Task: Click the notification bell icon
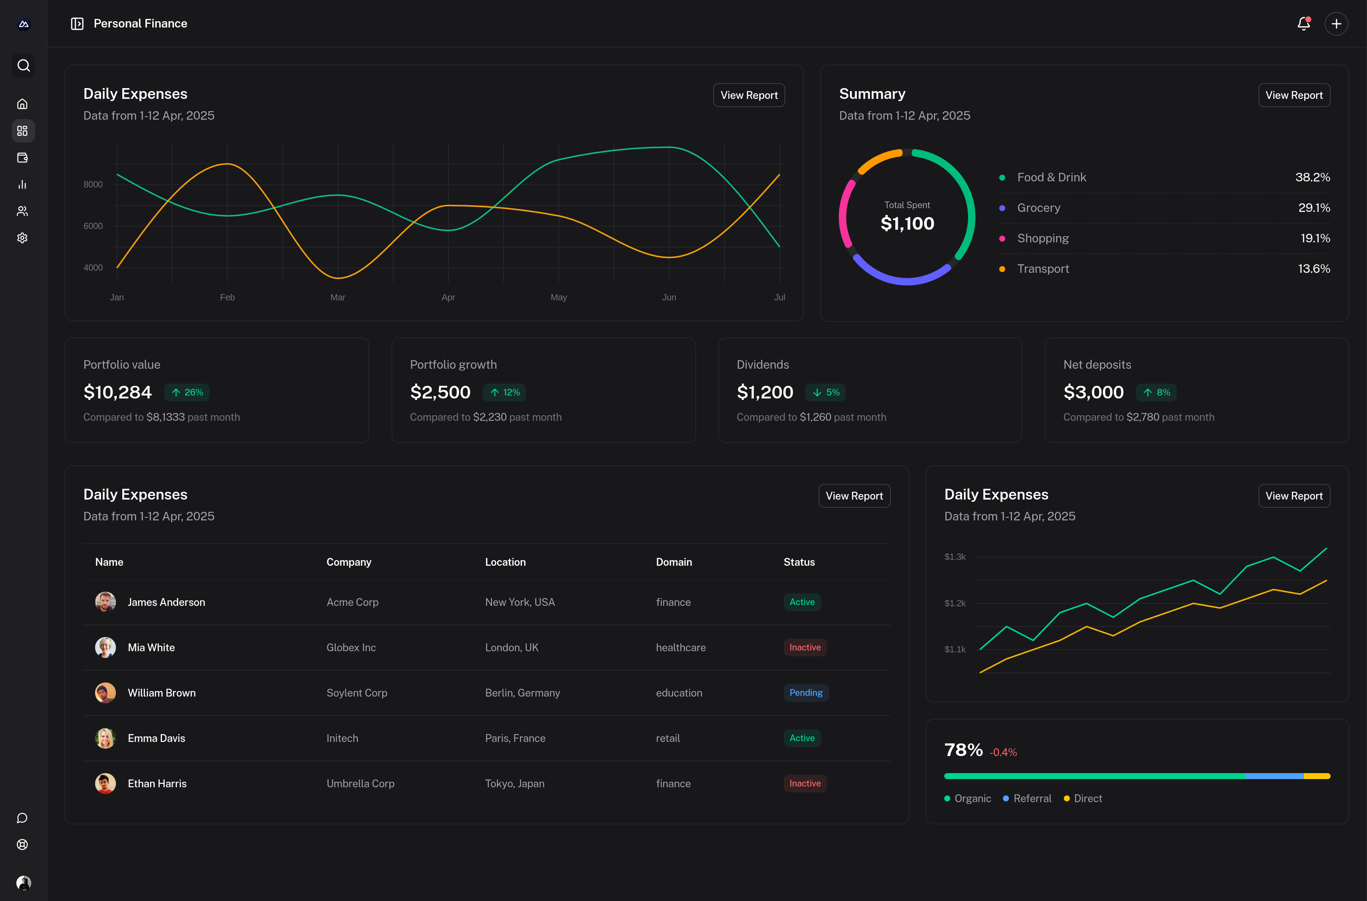click(x=1303, y=23)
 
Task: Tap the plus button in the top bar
click(x=1336, y=23)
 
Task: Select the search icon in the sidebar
click(x=23, y=65)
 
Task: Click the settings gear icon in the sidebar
click(x=22, y=238)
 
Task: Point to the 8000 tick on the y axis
click(x=93, y=184)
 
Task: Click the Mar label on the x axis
click(x=338, y=297)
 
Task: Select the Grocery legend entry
click(x=1039, y=208)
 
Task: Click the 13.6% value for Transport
click(x=1314, y=269)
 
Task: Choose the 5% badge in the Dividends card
click(x=826, y=393)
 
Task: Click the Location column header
click(x=505, y=562)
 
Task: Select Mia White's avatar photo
click(x=105, y=648)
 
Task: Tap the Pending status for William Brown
click(x=805, y=693)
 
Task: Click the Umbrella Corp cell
click(x=360, y=784)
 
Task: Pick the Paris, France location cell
click(x=515, y=739)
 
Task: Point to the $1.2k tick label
click(x=955, y=603)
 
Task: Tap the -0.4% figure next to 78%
click(x=1003, y=752)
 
